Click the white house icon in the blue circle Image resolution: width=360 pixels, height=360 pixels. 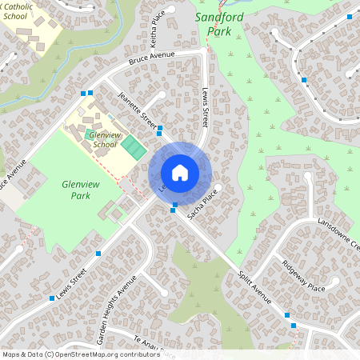(x=179, y=173)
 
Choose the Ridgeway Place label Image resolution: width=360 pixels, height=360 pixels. (x=304, y=276)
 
